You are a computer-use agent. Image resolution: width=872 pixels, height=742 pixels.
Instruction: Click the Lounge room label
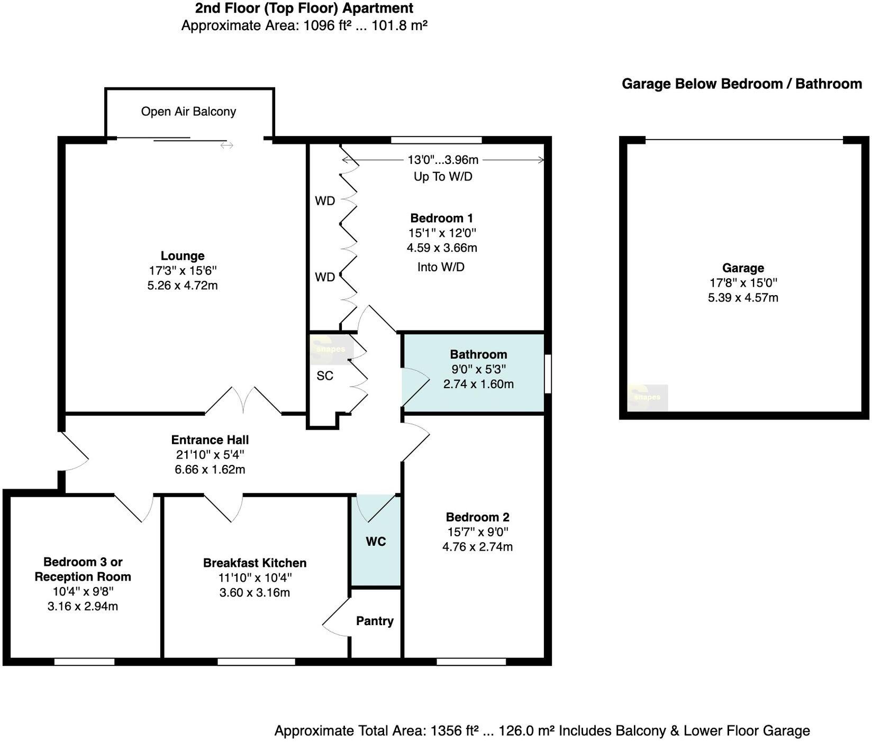click(183, 256)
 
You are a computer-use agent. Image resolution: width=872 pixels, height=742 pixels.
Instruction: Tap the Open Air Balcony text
click(188, 112)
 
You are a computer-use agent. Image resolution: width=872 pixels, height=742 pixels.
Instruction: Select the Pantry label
click(375, 621)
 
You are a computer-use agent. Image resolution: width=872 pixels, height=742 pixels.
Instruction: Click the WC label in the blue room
click(376, 542)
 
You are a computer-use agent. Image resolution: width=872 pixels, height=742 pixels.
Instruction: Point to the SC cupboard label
click(325, 375)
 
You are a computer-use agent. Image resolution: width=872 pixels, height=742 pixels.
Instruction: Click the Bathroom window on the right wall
click(548, 373)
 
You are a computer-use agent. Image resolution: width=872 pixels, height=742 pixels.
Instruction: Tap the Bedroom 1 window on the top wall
click(437, 140)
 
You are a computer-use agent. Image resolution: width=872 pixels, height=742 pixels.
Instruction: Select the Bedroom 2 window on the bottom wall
click(471, 661)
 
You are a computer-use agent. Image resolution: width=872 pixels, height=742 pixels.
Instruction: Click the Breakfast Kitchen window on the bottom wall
click(256, 661)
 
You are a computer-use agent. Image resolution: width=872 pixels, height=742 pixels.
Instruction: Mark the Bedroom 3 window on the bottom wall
click(85, 661)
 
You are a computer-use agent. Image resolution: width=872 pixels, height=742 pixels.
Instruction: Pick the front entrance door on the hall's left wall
click(74, 452)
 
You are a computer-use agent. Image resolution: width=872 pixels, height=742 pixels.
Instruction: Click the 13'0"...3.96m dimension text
click(443, 160)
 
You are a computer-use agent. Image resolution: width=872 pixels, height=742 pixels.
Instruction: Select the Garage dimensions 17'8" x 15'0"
click(743, 283)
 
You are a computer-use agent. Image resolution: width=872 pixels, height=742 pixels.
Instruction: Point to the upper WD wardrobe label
click(325, 201)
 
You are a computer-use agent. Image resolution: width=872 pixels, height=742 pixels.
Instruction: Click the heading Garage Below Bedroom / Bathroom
click(741, 84)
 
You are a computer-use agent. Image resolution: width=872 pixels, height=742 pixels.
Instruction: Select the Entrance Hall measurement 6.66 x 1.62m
click(210, 469)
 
